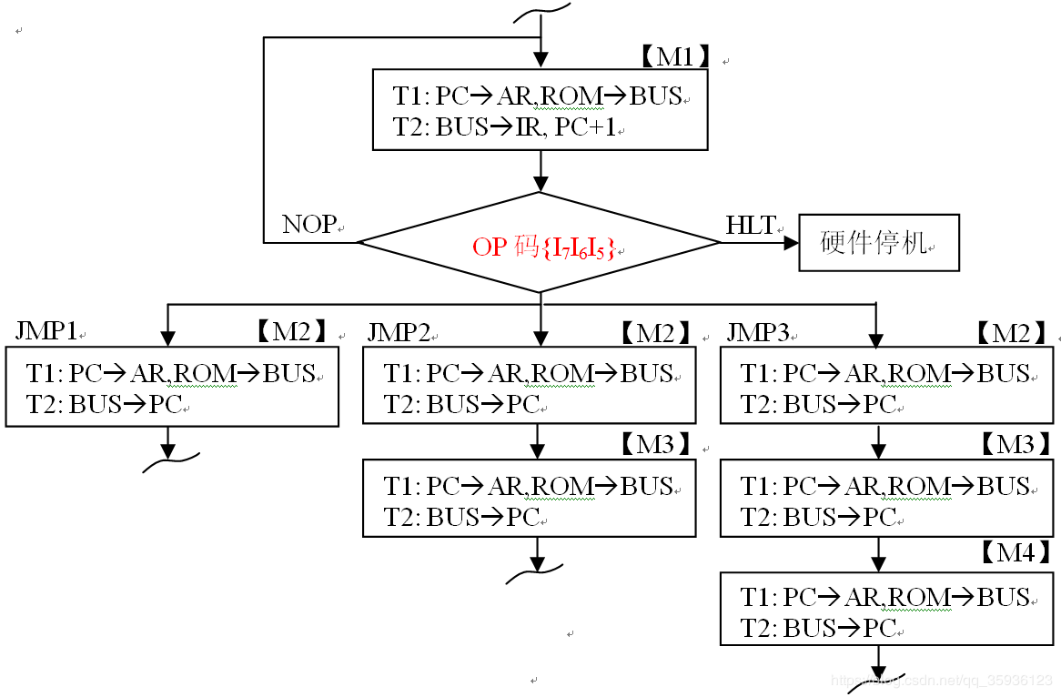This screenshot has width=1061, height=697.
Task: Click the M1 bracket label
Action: coord(674,56)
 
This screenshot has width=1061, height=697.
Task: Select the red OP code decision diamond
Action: coord(541,243)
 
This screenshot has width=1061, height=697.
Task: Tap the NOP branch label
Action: coord(308,225)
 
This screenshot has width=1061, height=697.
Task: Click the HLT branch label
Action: coord(751,225)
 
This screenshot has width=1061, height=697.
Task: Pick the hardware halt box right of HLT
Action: coord(879,243)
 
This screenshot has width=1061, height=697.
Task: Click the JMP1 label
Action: coord(45,331)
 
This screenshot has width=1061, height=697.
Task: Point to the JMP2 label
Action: coord(399,332)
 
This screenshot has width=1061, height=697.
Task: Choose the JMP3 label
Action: coord(757,332)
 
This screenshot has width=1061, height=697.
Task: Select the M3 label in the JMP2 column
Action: coord(655,444)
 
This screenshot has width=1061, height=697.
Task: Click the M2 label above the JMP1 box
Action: coord(290,332)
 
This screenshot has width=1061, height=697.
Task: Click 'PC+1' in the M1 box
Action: coord(585,127)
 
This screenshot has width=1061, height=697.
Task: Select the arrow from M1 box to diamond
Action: coord(541,171)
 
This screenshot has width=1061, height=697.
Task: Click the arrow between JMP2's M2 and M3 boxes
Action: coord(537,441)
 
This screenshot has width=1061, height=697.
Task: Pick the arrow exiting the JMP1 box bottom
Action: coord(167,442)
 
